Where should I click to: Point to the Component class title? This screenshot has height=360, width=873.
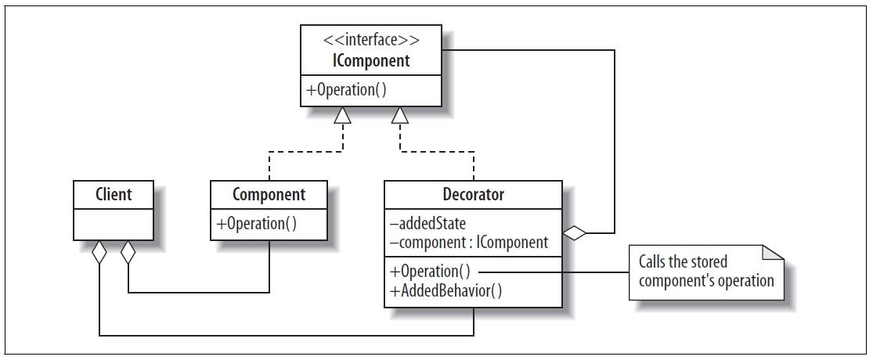269,194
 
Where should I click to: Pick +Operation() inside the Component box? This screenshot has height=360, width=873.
255,223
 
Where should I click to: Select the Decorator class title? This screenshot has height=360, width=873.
473,194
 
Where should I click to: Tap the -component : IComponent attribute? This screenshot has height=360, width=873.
467,243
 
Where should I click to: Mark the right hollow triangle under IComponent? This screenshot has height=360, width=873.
400,116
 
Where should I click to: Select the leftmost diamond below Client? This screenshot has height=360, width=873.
99,254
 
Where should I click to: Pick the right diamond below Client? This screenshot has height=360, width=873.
127,254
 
